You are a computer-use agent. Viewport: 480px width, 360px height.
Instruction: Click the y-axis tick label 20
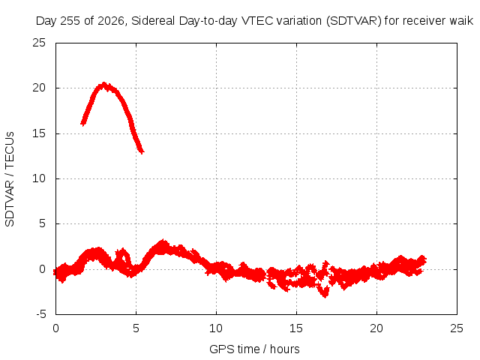click(39, 88)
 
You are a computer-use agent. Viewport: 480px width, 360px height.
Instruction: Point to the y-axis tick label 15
click(39, 133)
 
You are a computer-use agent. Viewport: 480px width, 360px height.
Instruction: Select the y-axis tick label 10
click(39, 178)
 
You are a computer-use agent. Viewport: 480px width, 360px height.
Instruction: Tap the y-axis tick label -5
click(40, 314)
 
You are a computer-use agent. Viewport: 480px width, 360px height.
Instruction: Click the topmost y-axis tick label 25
click(39, 43)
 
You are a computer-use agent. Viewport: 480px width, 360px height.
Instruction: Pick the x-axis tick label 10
click(216, 328)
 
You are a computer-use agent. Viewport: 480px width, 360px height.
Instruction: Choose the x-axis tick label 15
click(296, 328)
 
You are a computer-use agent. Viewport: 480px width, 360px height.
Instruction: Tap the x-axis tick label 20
click(376, 328)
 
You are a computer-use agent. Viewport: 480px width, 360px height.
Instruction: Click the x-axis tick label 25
click(457, 328)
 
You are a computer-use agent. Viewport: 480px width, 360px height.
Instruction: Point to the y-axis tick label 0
click(42, 269)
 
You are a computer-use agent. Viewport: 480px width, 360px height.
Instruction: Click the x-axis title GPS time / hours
click(254, 349)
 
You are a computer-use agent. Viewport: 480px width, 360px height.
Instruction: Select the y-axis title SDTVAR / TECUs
click(10, 179)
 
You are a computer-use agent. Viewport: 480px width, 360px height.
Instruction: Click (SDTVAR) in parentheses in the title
click(353, 21)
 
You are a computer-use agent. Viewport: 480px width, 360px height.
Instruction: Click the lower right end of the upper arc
click(142, 151)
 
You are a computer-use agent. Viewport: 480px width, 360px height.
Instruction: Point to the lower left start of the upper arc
click(82, 123)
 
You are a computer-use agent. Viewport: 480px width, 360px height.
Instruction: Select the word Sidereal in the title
click(153, 21)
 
